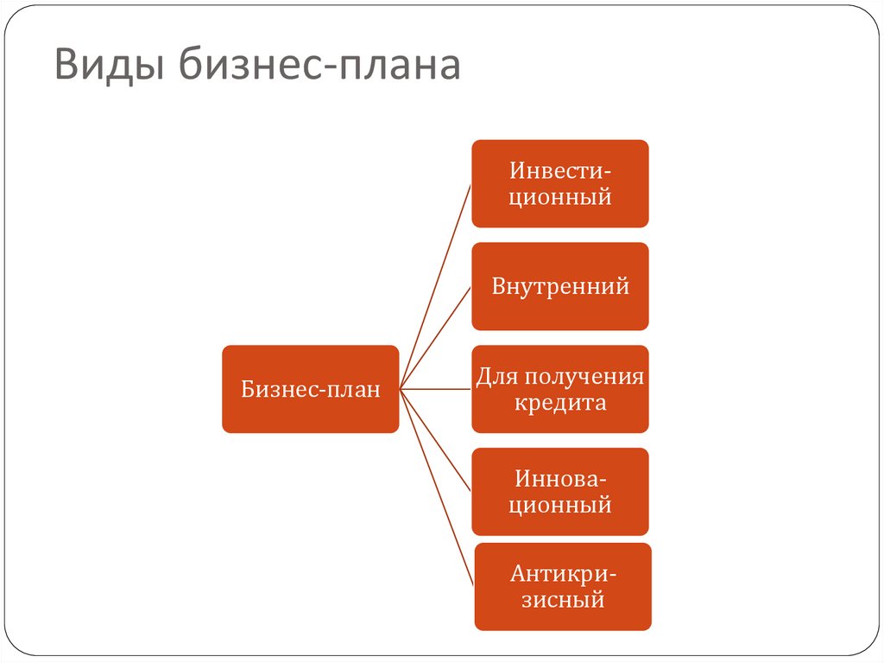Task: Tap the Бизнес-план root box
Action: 310,389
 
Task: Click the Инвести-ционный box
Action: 559,183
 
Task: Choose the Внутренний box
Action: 559,286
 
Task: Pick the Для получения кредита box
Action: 559,389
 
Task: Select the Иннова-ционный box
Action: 559,491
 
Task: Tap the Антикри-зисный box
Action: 562,586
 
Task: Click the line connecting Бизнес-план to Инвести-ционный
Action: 436,285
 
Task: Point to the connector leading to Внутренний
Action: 436,337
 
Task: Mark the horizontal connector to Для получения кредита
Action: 436,389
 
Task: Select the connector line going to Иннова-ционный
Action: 436,440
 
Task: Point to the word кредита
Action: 561,403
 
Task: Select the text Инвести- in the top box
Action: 560,170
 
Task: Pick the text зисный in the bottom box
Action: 562,599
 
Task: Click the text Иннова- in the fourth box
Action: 560,478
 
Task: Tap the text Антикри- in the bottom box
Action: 563,573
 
